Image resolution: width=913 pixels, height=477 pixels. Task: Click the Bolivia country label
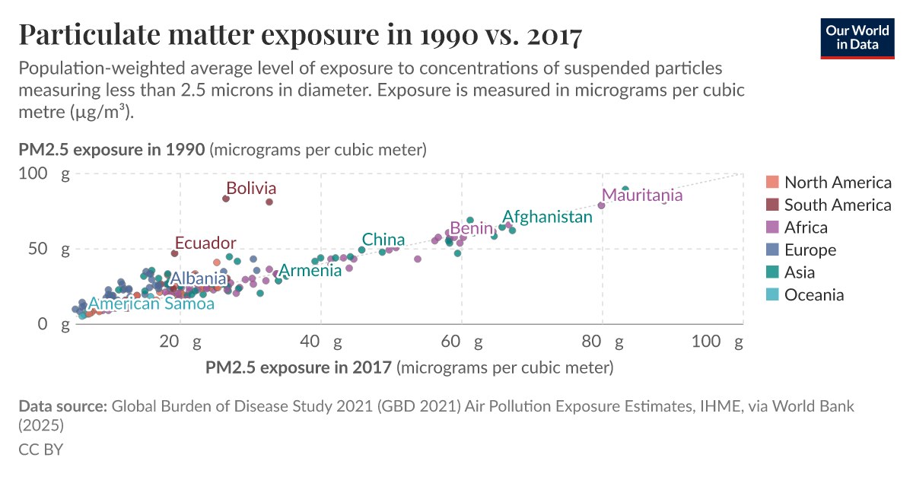[251, 188]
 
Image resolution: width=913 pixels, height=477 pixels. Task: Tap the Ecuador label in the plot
[205, 243]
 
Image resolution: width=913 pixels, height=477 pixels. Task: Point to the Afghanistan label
[547, 217]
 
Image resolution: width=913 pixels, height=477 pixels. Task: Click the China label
[383, 240]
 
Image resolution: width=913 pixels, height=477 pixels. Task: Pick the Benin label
[472, 228]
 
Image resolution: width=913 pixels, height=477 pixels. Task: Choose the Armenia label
[310, 271]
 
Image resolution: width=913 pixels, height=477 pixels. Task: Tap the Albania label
[198, 278]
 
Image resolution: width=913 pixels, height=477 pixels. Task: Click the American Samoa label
[151, 304]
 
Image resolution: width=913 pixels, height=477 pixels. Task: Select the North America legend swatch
[772, 182]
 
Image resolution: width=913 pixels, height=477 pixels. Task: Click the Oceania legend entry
[814, 295]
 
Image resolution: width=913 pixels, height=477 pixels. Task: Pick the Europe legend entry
[810, 250]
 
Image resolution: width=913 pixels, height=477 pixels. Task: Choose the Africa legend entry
[806, 227]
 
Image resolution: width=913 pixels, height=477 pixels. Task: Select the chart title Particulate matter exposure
[300, 34]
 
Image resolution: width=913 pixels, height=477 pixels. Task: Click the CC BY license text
[40, 449]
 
